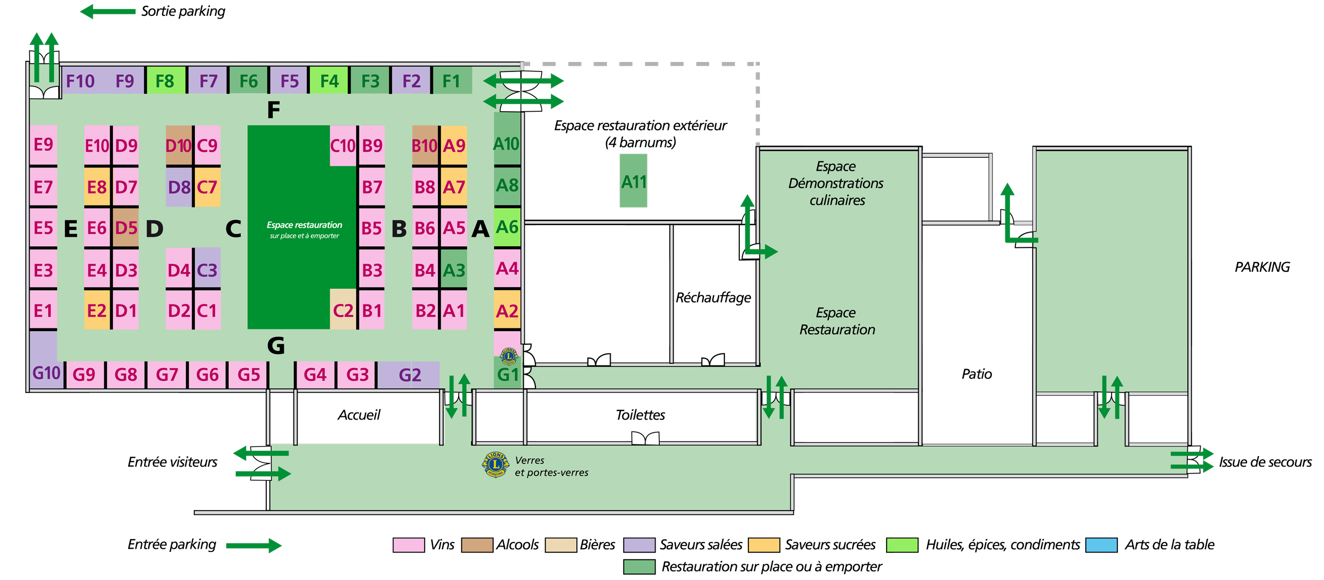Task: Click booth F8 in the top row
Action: [x=165, y=81]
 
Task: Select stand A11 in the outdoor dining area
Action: [x=633, y=181]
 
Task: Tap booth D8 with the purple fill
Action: [x=179, y=187]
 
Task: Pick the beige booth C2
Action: [x=343, y=310]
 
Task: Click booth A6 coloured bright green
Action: [x=507, y=227]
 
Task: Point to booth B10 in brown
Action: [x=425, y=146]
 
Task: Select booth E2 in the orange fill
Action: [x=97, y=310]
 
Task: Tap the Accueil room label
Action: [x=359, y=415]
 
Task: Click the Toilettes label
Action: [x=640, y=415]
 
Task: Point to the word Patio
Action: [x=976, y=374]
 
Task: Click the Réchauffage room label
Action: [x=713, y=298]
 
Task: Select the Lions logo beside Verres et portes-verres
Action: [x=495, y=465]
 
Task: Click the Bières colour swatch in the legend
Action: [x=560, y=545]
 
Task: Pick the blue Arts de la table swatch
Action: [x=1101, y=545]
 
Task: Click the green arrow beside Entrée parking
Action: [x=254, y=545]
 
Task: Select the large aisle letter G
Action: [x=276, y=345]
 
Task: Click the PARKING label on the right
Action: [x=1262, y=267]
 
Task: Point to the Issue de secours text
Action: [x=1265, y=462]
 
